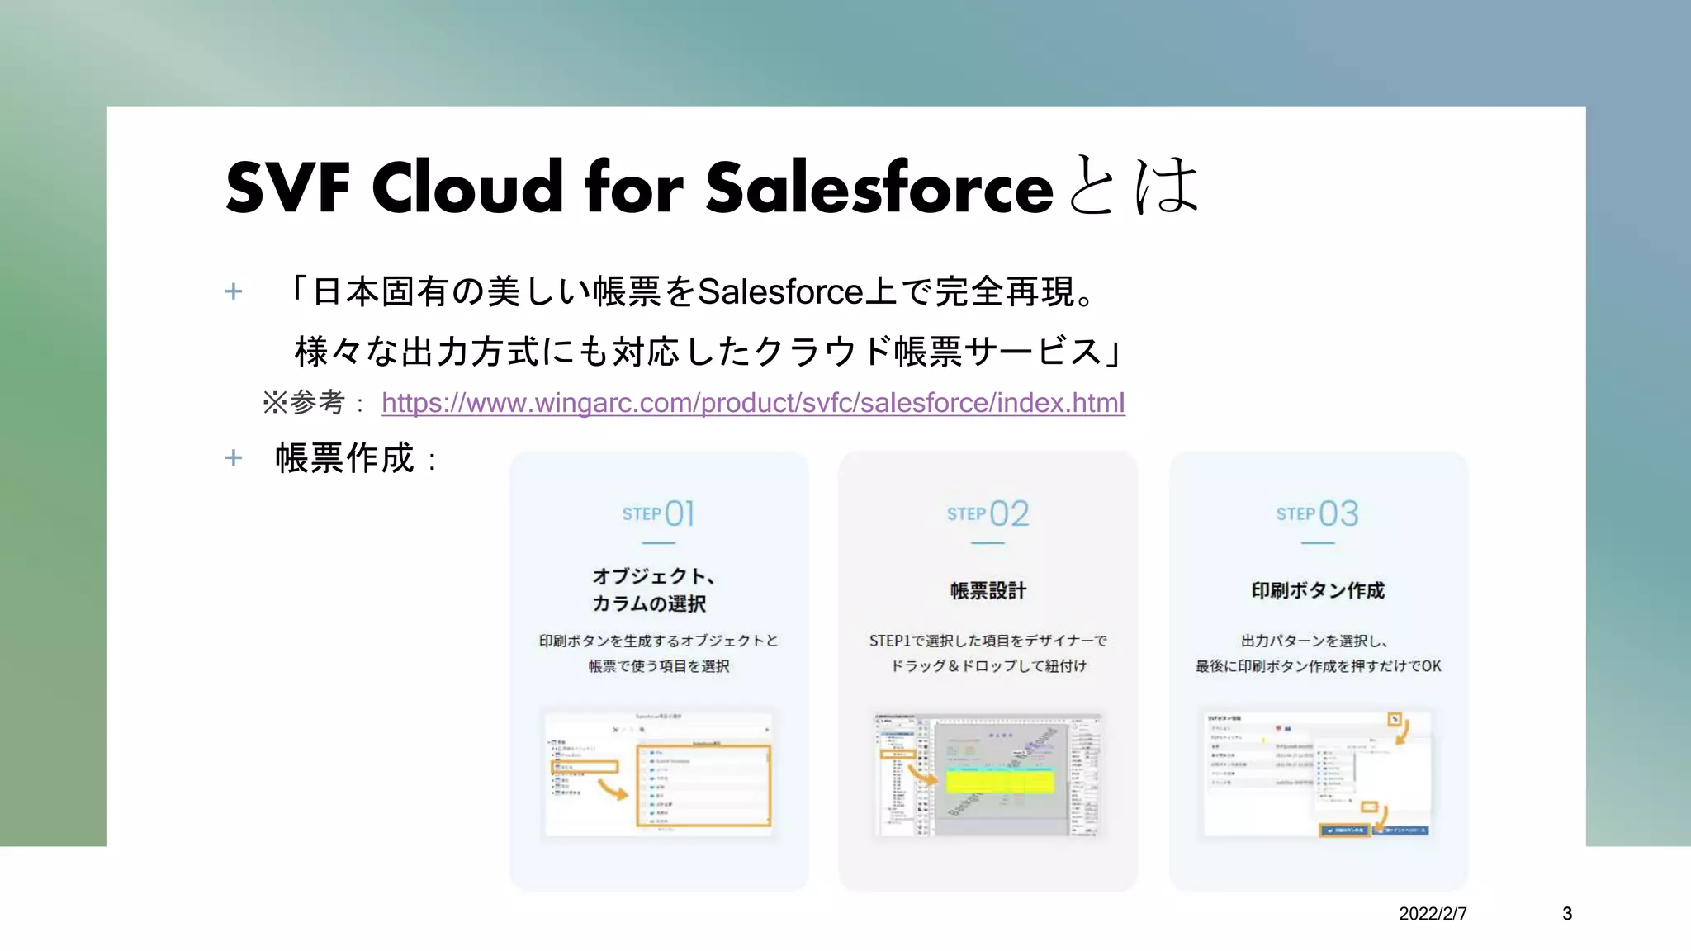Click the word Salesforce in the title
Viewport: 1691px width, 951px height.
tap(879, 188)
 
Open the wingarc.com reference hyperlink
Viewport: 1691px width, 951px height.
tap(752, 403)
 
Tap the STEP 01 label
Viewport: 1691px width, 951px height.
tap(658, 513)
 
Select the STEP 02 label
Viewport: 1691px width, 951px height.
tap(988, 513)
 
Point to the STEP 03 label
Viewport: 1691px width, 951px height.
tap(1317, 513)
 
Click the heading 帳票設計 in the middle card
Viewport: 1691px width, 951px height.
tap(988, 590)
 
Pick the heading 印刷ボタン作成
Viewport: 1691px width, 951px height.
tap(1317, 590)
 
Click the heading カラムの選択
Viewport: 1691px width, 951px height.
tap(649, 603)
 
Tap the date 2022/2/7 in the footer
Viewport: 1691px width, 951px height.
tap(1433, 914)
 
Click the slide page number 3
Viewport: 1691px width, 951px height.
tap(1566, 914)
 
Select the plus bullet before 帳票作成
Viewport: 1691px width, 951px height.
tap(234, 458)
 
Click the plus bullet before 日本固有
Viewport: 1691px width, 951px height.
tap(234, 291)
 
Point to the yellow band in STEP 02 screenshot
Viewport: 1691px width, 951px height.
tap(1000, 780)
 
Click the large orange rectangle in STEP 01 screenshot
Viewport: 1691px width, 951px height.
tap(703, 785)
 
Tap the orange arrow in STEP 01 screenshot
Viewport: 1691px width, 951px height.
tap(612, 791)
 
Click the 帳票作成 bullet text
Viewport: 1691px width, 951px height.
tap(345, 458)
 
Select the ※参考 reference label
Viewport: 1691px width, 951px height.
tap(303, 403)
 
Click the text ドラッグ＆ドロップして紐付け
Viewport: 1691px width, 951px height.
tap(988, 665)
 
